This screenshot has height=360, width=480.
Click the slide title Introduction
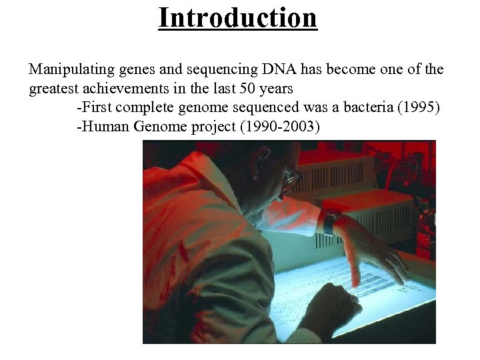(x=237, y=17)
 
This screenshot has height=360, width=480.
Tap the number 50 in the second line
(x=228, y=88)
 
